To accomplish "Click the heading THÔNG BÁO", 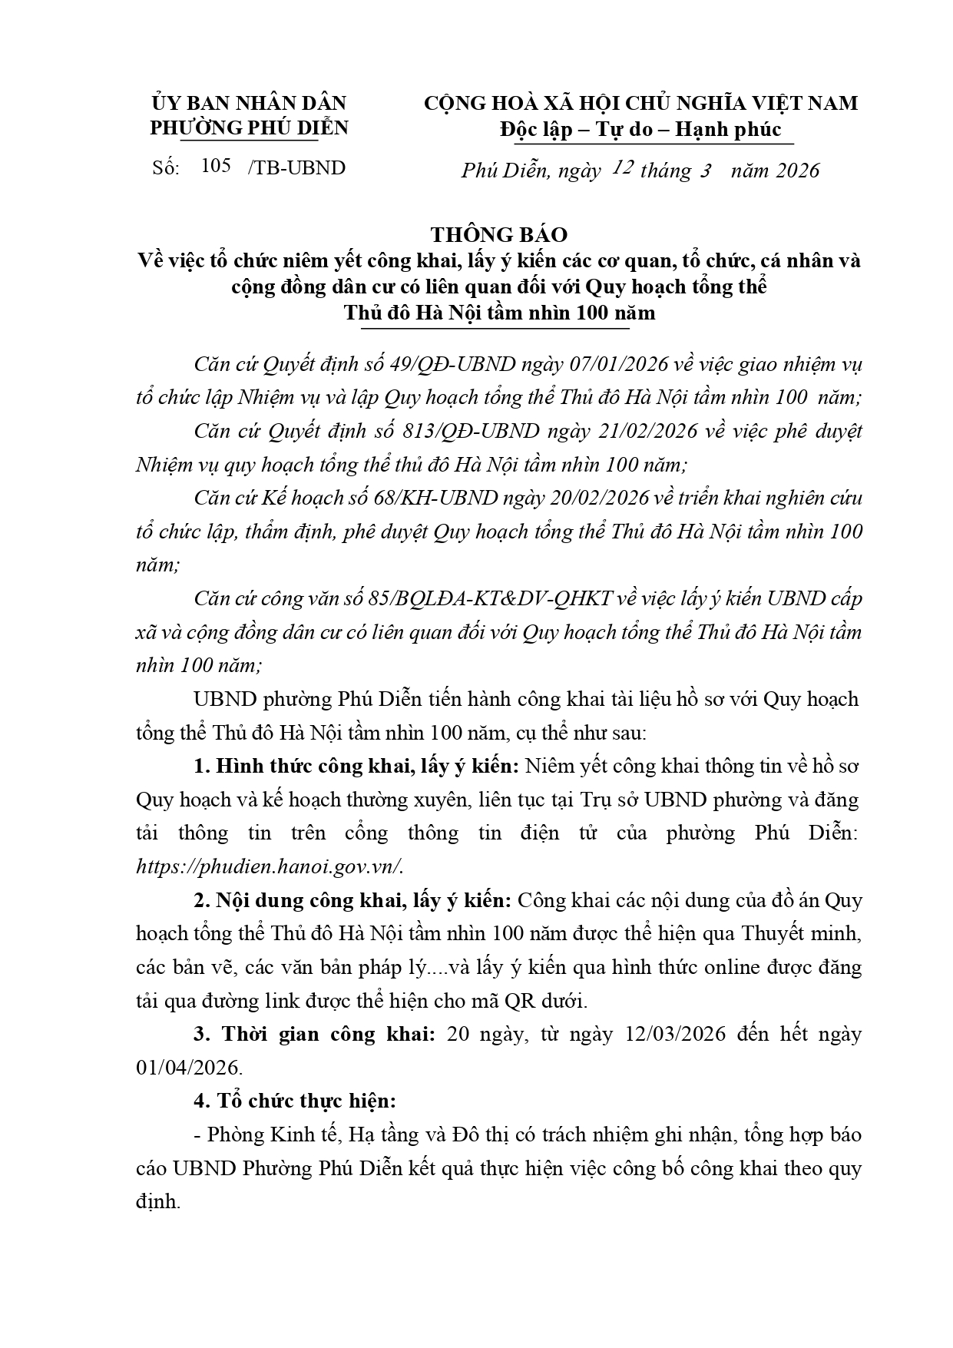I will tap(498, 234).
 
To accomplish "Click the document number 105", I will tap(216, 167).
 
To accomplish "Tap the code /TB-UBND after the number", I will tap(296, 168).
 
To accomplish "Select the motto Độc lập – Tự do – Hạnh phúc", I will tap(640, 129).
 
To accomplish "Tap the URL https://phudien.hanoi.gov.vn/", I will tap(269, 866).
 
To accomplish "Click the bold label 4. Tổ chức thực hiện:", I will tap(295, 1101).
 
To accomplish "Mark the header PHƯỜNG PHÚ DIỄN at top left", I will tap(249, 128).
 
